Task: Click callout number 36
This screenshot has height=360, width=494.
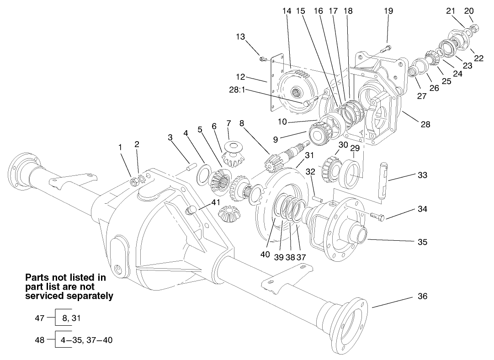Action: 422,296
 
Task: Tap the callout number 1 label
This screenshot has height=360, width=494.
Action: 120,147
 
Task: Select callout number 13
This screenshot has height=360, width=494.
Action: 241,37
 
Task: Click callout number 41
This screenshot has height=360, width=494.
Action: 216,202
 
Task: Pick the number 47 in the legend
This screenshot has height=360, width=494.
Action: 40,318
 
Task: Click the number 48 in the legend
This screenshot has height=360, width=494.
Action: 40,340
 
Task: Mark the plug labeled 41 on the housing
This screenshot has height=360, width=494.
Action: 191,211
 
